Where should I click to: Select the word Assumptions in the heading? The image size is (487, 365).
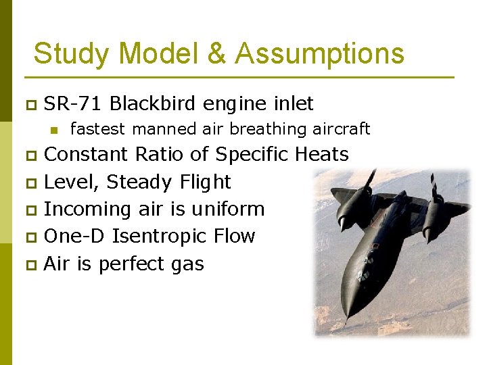point(319,53)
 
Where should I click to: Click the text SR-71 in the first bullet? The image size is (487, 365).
point(73,103)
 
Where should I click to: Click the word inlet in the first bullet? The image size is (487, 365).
point(293,103)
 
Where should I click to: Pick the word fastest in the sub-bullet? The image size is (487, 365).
point(99,128)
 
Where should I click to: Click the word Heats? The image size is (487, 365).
point(322,155)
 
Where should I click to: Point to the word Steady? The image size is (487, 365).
point(139,182)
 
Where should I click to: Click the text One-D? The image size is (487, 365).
point(74,236)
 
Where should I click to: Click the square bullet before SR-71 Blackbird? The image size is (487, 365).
point(30,105)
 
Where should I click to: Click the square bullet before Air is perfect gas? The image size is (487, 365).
point(30,264)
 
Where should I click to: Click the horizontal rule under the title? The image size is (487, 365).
point(239,77)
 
